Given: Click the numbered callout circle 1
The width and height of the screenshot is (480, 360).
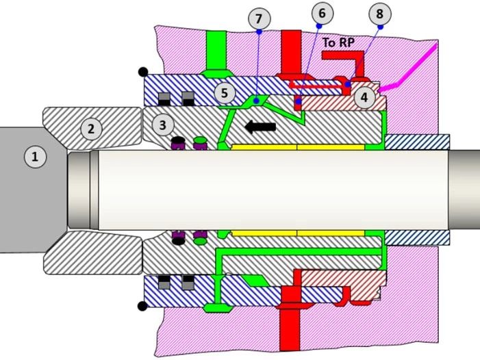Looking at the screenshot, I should pyautogui.click(x=34, y=157).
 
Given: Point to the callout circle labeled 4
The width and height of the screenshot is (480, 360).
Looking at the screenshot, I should pyautogui.click(x=364, y=98).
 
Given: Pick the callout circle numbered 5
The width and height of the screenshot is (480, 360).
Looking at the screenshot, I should pyautogui.click(x=225, y=92).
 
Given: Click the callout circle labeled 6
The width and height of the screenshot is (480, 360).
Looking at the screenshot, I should pyautogui.click(x=322, y=13).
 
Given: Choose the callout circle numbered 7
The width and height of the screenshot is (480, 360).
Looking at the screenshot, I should pyautogui.click(x=258, y=18).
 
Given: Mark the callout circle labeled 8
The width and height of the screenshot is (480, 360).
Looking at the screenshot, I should pyautogui.click(x=380, y=13).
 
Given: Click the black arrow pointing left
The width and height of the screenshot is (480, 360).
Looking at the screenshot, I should pyautogui.click(x=260, y=126).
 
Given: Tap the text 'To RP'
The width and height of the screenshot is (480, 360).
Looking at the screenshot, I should pyautogui.click(x=338, y=42).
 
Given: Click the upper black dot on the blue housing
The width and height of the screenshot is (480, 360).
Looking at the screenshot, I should pyautogui.click(x=142, y=71).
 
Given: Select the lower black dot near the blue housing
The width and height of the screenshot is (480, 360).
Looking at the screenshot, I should pyautogui.click(x=142, y=305).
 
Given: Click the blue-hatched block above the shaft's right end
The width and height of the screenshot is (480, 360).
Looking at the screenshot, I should pyautogui.click(x=417, y=142).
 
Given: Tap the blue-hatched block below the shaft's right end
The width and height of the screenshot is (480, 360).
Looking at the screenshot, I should pyautogui.click(x=417, y=236).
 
